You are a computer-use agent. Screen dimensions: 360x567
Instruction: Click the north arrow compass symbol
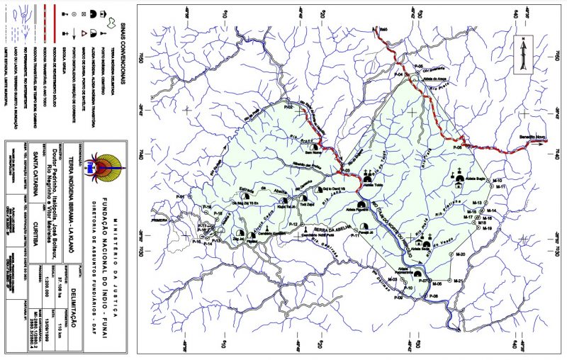[523, 56]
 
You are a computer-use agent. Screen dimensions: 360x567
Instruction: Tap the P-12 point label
[292, 223]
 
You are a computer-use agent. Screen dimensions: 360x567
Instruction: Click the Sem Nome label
[313, 150]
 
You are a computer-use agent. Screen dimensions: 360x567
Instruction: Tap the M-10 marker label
[498, 181]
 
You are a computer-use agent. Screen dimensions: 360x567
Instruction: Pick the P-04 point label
[398, 74]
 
